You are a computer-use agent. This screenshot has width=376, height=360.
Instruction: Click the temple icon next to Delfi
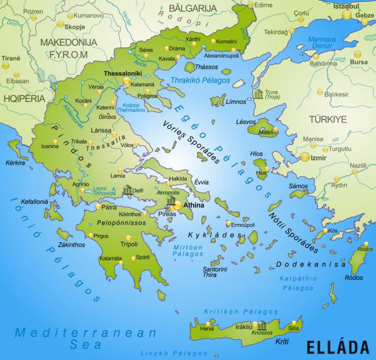point(127,191)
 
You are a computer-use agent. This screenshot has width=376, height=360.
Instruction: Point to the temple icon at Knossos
point(261,325)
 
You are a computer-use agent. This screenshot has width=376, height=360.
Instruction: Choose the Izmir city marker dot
point(304,157)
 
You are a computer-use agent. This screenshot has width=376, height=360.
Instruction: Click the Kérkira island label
point(16,163)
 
